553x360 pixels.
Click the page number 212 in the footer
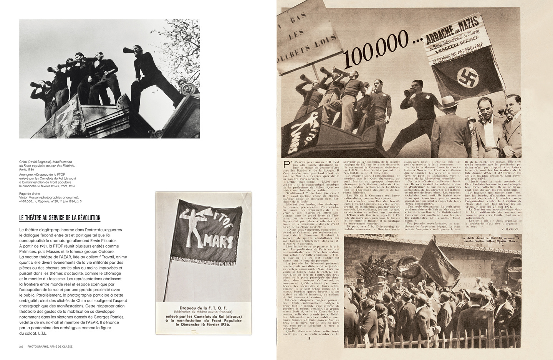coord(22,347)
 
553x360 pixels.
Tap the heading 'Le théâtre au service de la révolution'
coord(60,218)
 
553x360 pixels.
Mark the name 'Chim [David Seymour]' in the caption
coord(35,162)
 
